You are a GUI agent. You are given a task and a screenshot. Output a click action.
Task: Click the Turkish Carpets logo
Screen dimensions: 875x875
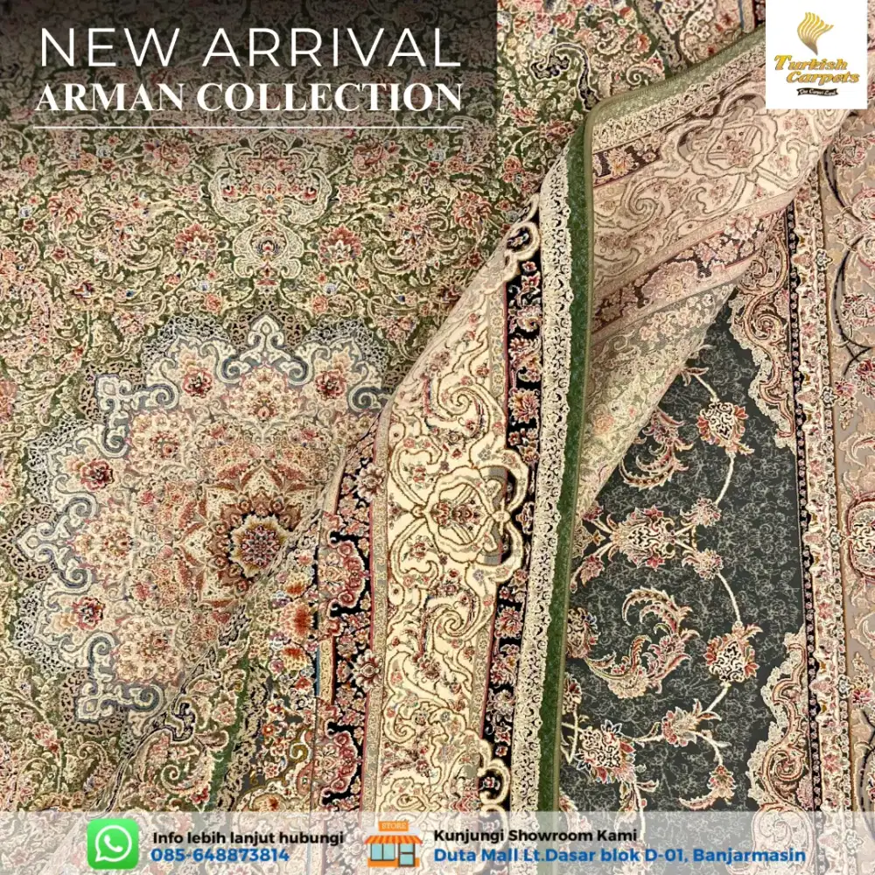(815, 54)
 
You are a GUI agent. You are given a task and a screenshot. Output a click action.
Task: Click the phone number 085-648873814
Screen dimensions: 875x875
(220, 855)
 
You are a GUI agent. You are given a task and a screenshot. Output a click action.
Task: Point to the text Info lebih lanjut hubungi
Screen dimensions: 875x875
(248, 836)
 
